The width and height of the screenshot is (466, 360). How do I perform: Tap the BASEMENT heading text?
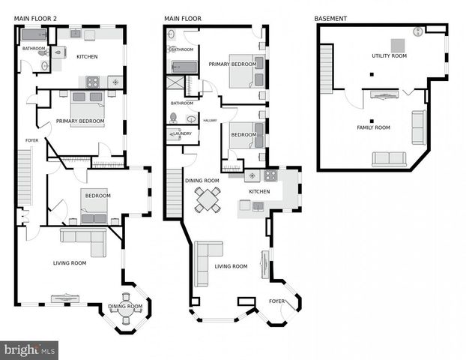pos(330,17)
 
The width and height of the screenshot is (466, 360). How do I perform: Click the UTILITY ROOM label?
pos(389,56)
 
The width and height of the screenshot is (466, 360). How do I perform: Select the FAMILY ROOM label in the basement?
pos(373,127)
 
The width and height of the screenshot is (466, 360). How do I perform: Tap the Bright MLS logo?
pos(30,349)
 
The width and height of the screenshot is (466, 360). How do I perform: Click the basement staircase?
pos(326,68)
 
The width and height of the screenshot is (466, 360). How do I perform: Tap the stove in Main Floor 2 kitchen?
pos(93,82)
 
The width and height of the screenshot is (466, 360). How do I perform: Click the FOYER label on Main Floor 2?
pos(31,140)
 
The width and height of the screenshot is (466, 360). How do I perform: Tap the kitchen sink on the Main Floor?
pos(252,176)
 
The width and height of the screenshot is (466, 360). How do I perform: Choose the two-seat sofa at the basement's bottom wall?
pos(389,159)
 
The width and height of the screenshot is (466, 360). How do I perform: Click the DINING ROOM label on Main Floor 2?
pos(125,306)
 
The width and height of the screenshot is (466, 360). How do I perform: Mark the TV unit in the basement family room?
pos(381,95)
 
